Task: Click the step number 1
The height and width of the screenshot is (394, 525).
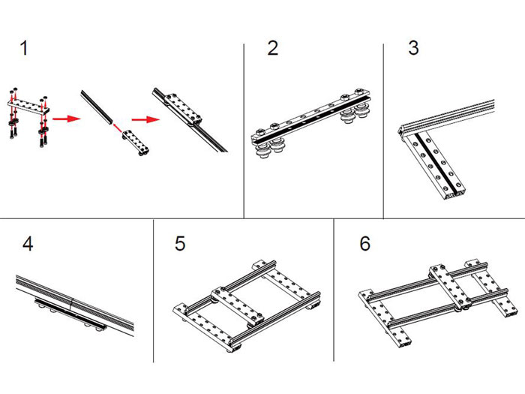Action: point(24,50)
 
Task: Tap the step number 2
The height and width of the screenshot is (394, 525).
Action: point(272,50)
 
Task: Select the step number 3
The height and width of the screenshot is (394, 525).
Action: point(413,50)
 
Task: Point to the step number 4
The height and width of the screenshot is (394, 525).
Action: point(28,245)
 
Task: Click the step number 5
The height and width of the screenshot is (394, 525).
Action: point(180,245)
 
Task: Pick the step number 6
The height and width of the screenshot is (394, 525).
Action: point(365,245)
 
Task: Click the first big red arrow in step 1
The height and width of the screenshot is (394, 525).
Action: point(66,118)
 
